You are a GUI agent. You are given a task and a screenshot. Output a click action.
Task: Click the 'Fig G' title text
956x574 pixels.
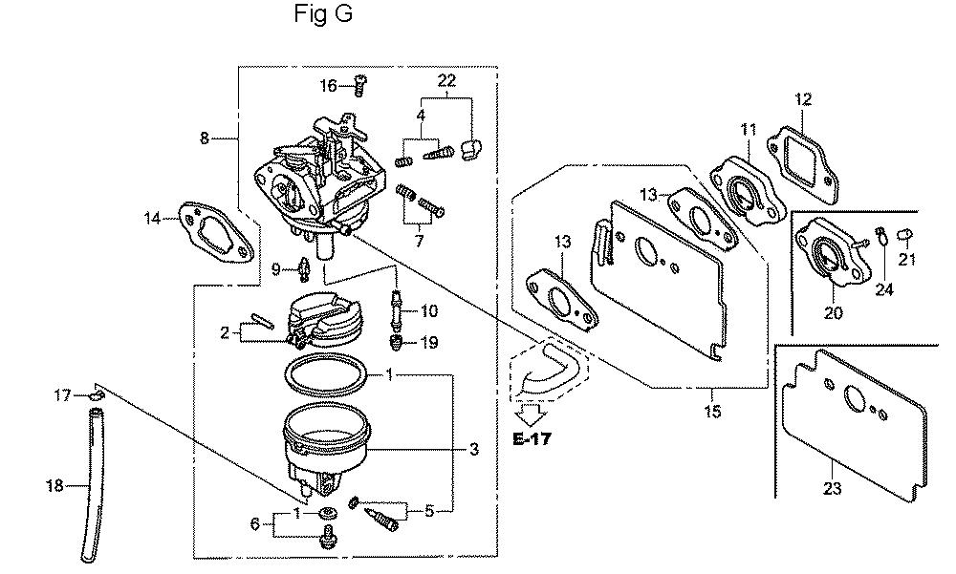pos(323,13)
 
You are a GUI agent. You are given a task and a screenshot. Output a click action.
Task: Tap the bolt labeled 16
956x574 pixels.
pos(359,85)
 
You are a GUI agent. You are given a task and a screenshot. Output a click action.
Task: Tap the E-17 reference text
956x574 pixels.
pos(532,438)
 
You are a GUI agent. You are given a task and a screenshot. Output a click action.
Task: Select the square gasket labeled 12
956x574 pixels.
pos(802,159)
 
